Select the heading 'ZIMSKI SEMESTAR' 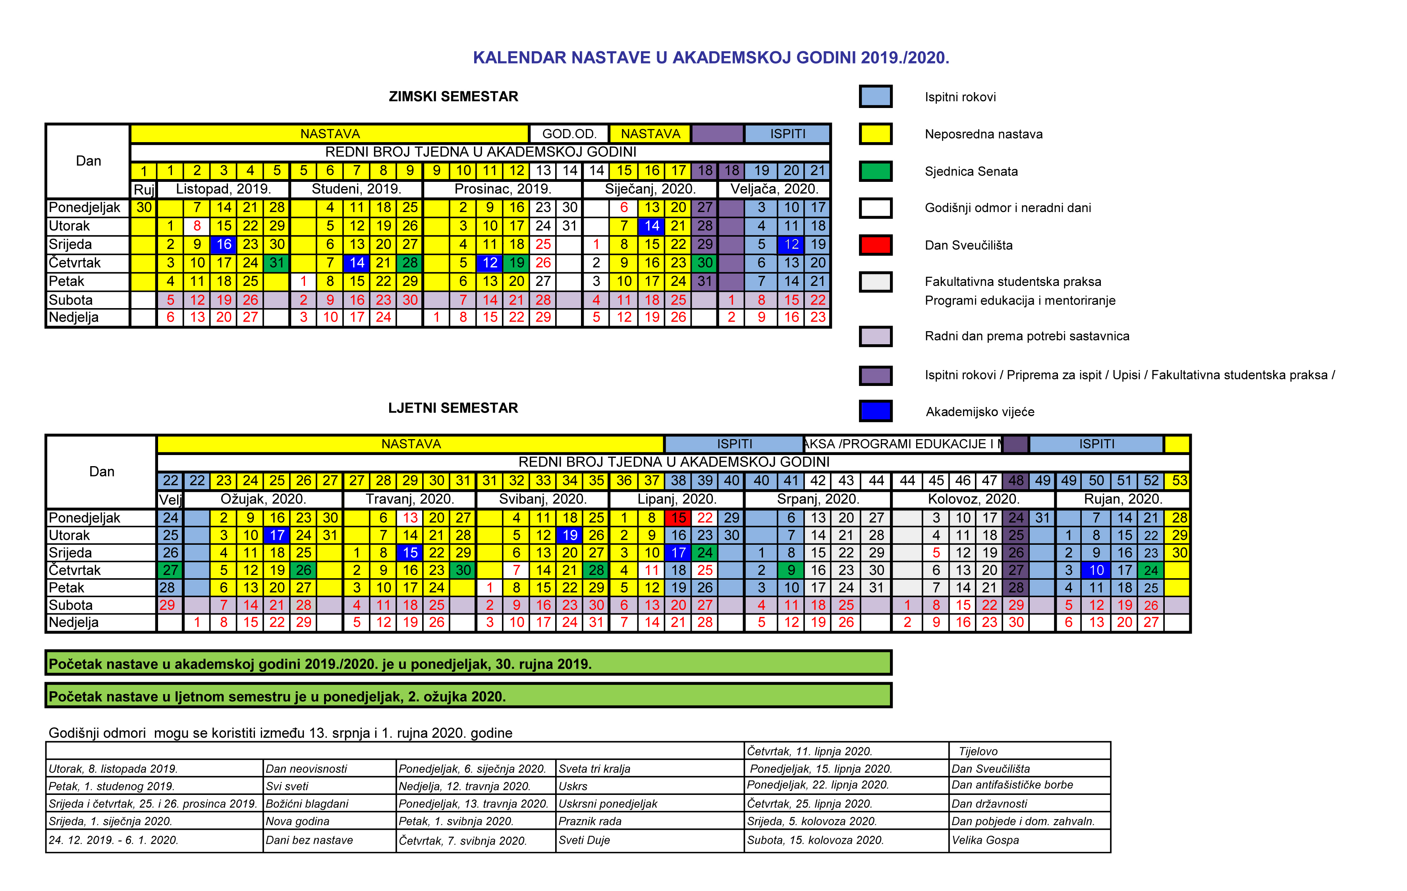pos(454,96)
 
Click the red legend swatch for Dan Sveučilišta pos(875,245)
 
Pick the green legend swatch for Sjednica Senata pos(875,171)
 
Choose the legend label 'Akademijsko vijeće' pos(980,412)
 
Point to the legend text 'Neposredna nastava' pos(983,134)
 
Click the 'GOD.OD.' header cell pos(569,134)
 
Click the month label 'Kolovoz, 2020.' pos(973,499)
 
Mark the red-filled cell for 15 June pos(678,518)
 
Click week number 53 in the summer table pos(1179,481)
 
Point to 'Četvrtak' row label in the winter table pos(75,263)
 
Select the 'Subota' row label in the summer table pos(71,605)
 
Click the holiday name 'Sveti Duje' pos(584,840)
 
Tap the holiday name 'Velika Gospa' pos(985,840)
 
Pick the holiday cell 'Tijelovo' pos(978,751)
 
